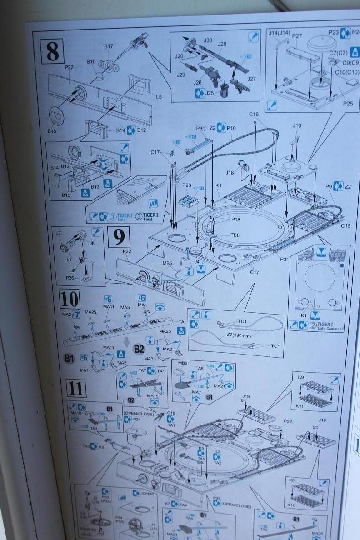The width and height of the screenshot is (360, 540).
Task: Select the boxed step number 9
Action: click(x=119, y=236)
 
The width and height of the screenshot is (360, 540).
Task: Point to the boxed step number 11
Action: click(x=77, y=388)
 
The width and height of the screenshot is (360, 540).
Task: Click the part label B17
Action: click(x=108, y=46)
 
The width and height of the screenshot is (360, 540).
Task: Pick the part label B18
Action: click(x=54, y=131)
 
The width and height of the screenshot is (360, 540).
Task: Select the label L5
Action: click(x=158, y=96)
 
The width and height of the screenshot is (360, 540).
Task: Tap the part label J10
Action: click(x=297, y=125)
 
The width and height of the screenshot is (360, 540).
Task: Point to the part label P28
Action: click(x=187, y=186)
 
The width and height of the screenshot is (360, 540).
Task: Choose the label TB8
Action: click(x=235, y=235)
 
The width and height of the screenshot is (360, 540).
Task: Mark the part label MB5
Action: click(x=167, y=263)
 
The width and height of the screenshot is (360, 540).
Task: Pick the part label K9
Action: click(x=301, y=377)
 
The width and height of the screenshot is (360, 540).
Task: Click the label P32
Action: click(x=287, y=421)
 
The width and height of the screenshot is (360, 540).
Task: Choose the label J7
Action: click(x=58, y=233)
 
